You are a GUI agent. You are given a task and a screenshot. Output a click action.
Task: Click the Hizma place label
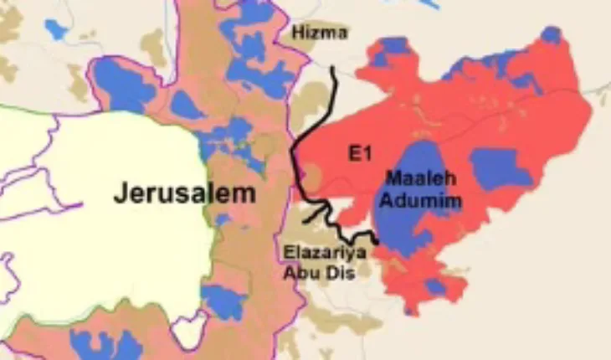(318, 32)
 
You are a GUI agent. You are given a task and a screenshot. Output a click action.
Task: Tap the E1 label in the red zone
(358, 153)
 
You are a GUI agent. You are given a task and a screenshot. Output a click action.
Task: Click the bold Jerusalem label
(185, 193)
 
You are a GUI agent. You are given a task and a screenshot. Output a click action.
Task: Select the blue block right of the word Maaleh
(500, 167)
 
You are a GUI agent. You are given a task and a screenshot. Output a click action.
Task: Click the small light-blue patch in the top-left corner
(55, 29)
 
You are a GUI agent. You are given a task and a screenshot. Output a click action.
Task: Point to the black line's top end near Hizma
(333, 69)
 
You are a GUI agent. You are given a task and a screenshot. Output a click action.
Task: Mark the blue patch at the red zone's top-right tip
(551, 35)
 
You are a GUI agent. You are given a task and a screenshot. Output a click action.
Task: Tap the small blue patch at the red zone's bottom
(434, 287)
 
